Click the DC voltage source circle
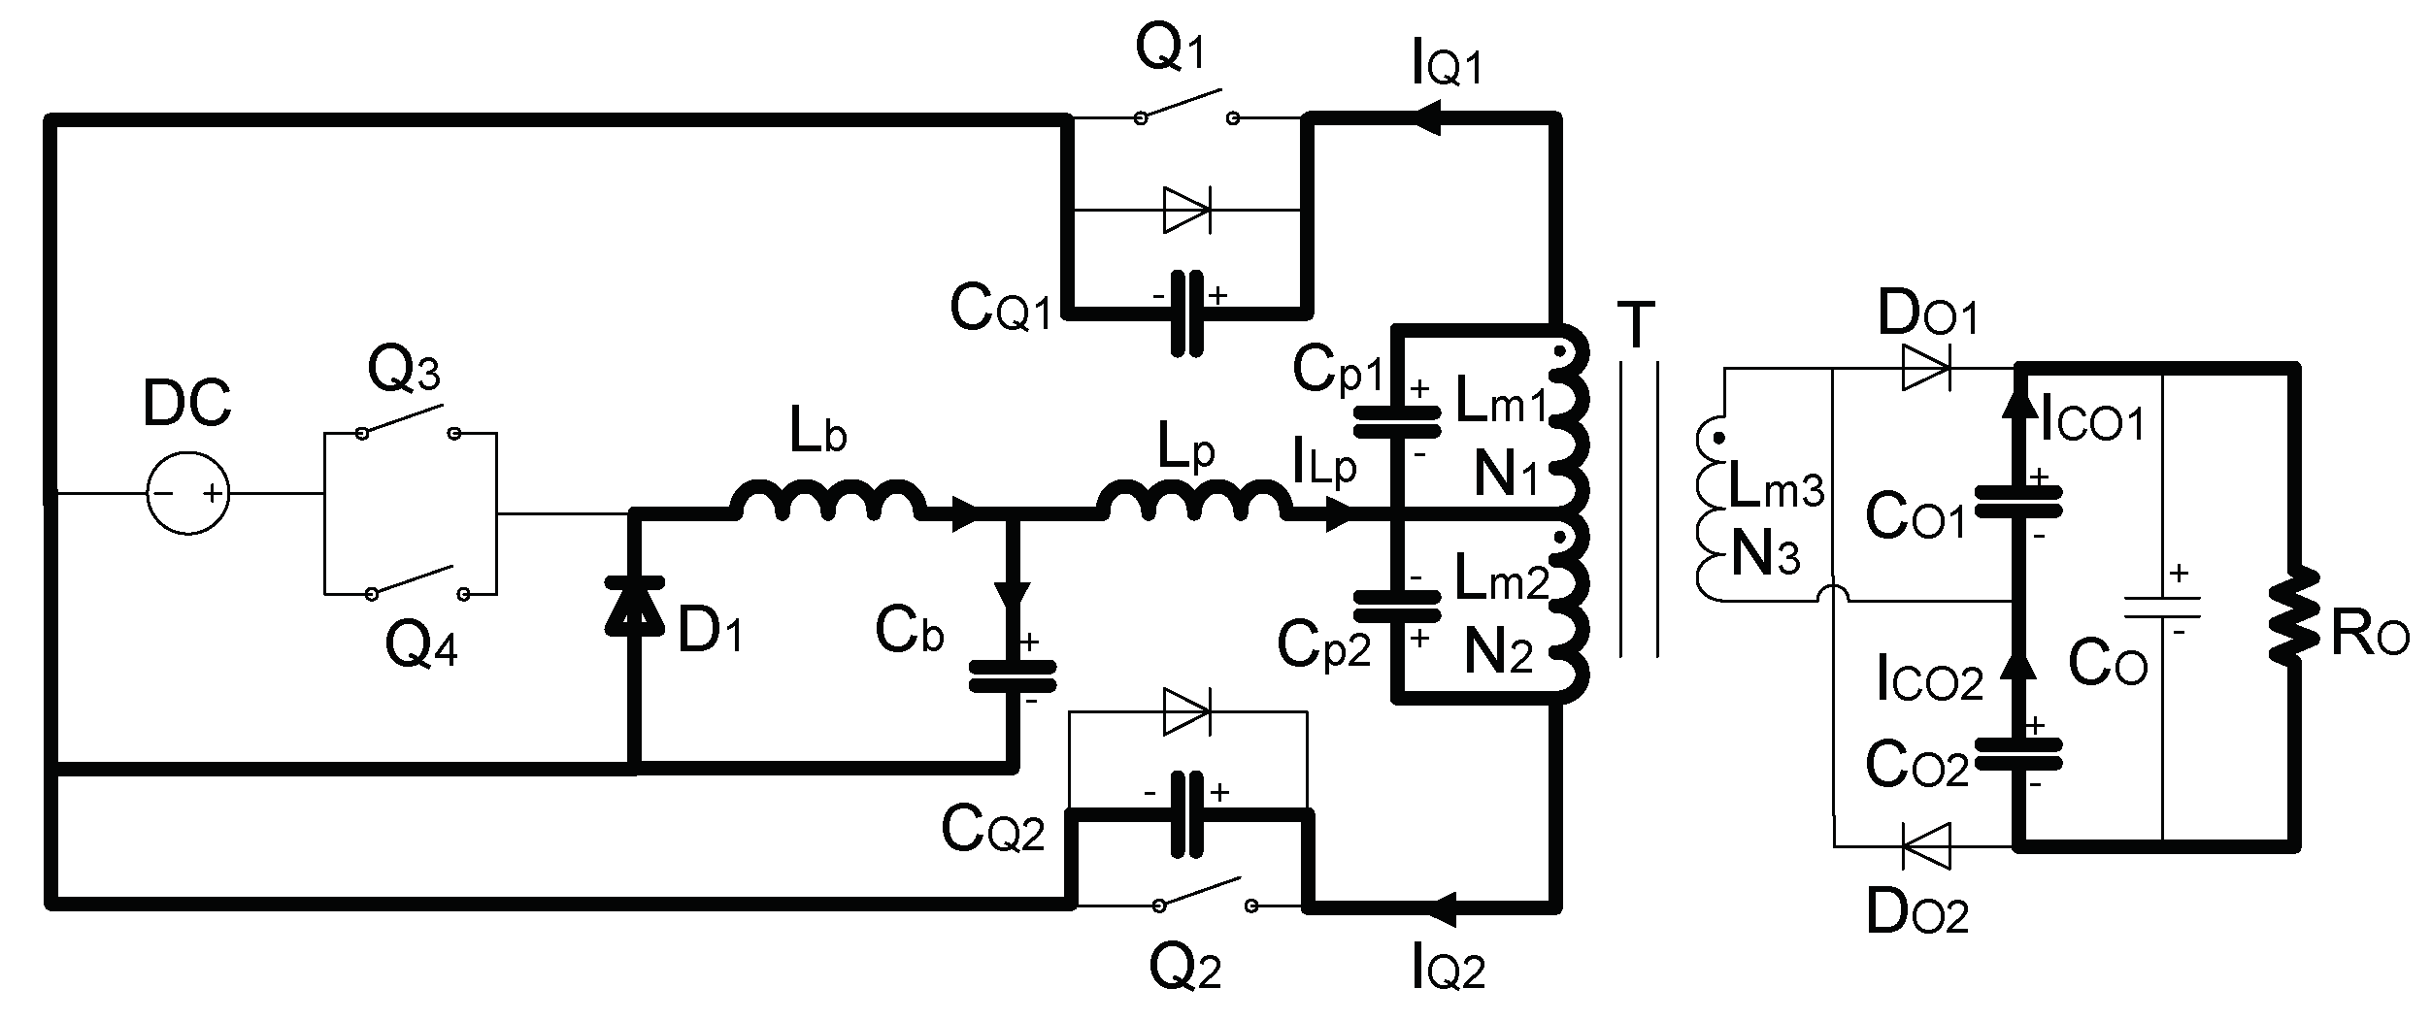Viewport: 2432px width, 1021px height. point(188,493)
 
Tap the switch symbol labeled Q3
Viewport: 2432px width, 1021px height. point(407,422)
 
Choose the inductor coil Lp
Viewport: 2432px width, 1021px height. point(1189,502)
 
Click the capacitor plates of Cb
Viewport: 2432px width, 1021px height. point(1012,676)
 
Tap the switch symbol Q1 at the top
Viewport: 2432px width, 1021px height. point(1186,107)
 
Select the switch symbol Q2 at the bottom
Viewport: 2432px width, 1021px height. point(1204,894)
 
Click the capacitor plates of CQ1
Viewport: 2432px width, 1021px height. point(1186,313)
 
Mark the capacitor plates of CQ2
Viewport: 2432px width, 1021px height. point(1186,814)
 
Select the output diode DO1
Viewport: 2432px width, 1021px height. point(1925,369)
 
